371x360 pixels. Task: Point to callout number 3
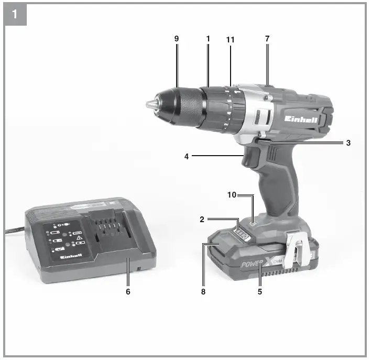tap(348, 143)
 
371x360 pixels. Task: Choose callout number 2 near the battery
tap(202, 221)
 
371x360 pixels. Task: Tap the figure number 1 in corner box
tap(15, 14)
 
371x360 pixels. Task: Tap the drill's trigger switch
tap(253, 158)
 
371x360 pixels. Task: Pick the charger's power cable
tap(13, 230)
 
